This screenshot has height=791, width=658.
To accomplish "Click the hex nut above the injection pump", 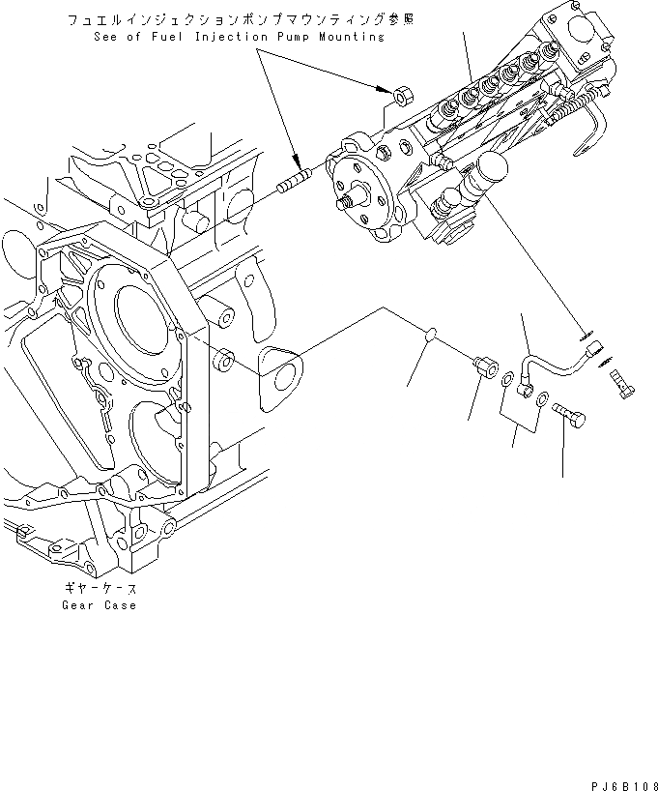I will [404, 95].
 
